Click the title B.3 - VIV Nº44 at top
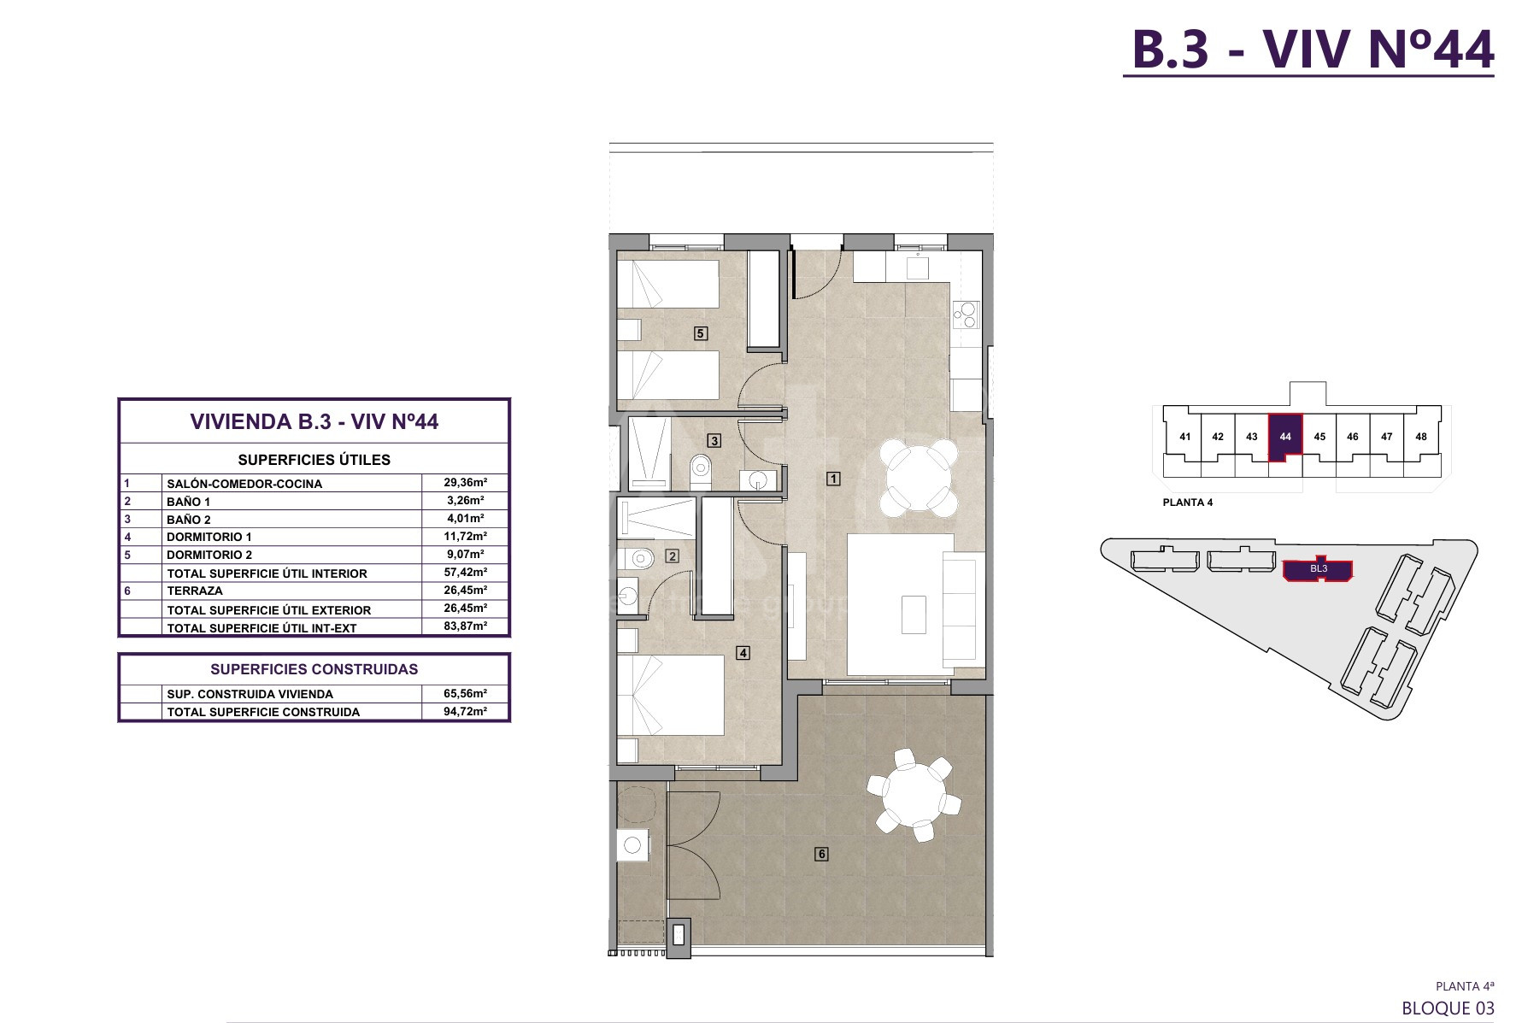click(1312, 49)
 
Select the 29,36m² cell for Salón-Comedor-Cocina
click(465, 482)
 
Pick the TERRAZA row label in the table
click(195, 591)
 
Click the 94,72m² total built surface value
click(465, 711)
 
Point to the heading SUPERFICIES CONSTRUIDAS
click(314, 669)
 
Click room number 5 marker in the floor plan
click(701, 333)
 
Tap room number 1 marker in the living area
click(833, 479)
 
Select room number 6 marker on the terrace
click(821, 854)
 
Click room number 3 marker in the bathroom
click(714, 441)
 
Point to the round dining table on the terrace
click(914, 796)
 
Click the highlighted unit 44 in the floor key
click(1285, 436)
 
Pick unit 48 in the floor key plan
click(1421, 437)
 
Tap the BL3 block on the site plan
click(1319, 569)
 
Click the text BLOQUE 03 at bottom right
click(1449, 1008)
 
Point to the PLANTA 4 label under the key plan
click(1188, 503)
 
